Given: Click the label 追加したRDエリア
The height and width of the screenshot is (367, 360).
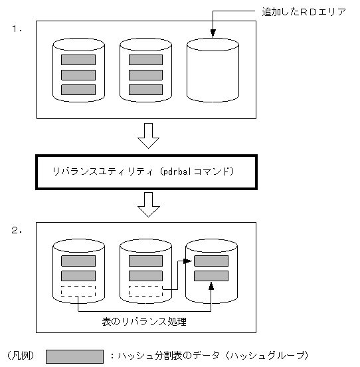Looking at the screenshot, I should (x=304, y=12).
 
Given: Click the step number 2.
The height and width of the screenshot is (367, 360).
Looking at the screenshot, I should (x=16, y=231).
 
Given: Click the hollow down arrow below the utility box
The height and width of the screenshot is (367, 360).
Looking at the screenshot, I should (x=147, y=205).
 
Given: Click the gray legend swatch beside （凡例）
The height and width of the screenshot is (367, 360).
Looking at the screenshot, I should (x=74, y=356).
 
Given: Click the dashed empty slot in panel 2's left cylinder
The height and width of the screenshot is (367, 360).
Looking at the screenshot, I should (x=78, y=291).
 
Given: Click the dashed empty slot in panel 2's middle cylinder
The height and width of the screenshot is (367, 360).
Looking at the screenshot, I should (x=145, y=291).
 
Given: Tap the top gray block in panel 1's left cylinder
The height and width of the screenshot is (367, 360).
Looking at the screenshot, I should (x=78, y=60).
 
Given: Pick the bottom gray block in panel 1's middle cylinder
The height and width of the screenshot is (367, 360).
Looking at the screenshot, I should (x=145, y=89).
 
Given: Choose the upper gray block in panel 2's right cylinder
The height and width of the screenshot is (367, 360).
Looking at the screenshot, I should (x=211, y=261).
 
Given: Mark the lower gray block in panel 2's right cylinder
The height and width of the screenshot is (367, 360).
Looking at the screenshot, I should (x=211, y=275).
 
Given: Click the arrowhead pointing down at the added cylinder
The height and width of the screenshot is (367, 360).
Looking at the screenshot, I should (x=213, y=33).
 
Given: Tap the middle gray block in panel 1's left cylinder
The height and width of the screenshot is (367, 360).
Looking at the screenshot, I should (x=78, y=74).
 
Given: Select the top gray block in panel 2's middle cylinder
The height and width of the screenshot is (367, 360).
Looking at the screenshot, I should (x=145, y=261).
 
